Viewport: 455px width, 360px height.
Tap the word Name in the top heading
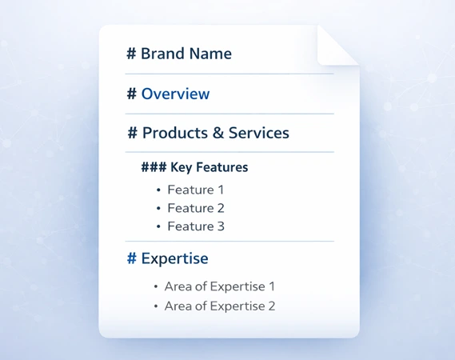[210, 54]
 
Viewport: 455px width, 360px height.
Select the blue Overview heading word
[175, 94]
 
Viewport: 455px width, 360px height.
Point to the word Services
[258, 134]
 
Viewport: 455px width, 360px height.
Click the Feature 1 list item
[196, 190]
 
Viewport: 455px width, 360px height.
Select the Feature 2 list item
[196, 209]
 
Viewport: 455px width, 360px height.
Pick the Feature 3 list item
[196, 227]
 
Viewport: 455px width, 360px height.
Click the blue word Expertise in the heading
[174, 259]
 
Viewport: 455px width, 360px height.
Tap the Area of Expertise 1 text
[219, 286]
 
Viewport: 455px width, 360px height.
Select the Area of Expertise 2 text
[219, 306]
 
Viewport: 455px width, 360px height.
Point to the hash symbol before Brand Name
[131, 54]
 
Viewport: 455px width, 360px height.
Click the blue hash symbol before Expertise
[132, 259]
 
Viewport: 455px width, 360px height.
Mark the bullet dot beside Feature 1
[158, 190]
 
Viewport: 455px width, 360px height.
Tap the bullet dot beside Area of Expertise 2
[155, 306]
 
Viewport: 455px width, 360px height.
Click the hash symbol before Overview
[131, 94]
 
